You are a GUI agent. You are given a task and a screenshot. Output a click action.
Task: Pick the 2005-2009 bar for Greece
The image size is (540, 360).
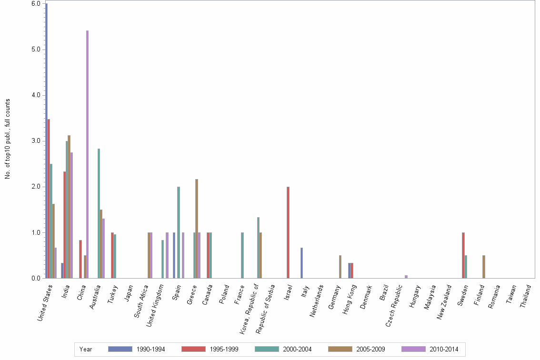[x=197, y=229]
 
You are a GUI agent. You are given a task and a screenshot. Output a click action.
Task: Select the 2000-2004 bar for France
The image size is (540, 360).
[x=242, y=255]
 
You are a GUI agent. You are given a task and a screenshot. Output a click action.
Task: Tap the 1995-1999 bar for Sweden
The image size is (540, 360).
[x=463, y=255]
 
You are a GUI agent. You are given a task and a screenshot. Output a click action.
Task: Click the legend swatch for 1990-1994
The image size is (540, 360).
[x=120, y=349]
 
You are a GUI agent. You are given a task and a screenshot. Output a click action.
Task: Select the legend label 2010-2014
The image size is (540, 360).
[x=444, y=350]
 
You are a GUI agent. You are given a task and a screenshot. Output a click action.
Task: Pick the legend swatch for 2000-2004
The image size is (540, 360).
[x=267, y=349]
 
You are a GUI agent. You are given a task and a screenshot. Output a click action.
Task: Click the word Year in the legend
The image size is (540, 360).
[x=86, y=350]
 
